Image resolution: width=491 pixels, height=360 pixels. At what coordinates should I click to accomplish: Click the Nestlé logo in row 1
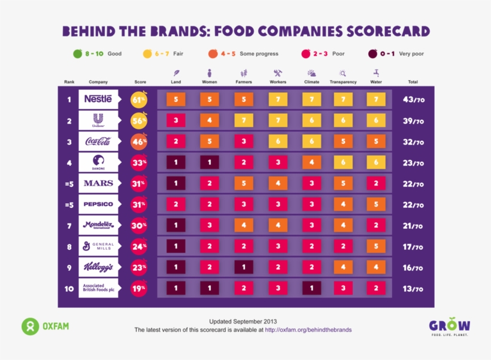[x=98, y=99]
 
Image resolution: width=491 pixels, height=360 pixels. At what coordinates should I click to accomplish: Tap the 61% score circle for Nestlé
[x=139, y=100]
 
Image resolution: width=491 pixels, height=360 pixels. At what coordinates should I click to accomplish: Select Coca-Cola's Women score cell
[x=210, y=142]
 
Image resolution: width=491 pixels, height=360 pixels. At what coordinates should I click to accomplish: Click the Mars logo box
[x=98, y=183]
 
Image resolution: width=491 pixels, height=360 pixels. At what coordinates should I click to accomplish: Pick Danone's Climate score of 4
[x=311, y=162]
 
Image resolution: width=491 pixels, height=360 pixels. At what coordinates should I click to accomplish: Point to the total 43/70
[x=413, y=100]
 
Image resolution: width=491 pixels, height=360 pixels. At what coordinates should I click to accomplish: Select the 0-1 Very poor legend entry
[x=396, y=53]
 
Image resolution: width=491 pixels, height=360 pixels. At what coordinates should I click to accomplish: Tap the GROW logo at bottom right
[x=449, y=326]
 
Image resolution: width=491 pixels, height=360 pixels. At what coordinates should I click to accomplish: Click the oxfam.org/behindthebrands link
[x=308, y=329]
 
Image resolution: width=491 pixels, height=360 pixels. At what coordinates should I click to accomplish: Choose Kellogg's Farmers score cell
[x=244, y=267]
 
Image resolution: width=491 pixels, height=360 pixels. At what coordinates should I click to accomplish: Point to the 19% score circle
[x=139, y=288]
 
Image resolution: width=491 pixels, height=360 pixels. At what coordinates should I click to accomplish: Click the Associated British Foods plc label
[x=98, y=288]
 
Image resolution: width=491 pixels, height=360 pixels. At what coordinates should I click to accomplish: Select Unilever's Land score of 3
[x=175, y=121]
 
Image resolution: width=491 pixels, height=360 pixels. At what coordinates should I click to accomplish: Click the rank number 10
[x=69, y=288]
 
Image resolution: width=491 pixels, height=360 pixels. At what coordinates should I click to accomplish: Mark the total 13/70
[x=413, y=289]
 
